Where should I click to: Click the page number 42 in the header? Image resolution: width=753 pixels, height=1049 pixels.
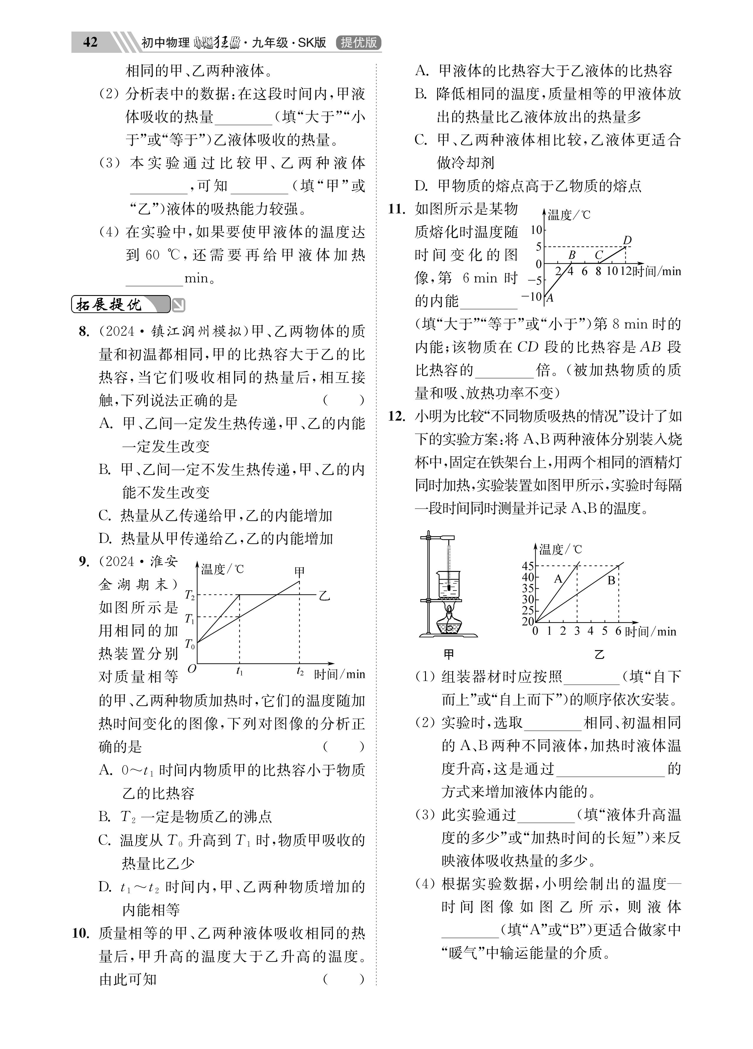coord(90,42)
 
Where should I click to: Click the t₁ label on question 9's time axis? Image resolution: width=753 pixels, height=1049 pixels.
coord(240,672)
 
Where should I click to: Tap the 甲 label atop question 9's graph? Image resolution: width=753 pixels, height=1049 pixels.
coord(299,572)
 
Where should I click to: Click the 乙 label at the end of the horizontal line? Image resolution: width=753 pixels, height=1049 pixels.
coord(324,595)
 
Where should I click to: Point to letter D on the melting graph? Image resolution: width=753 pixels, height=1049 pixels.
coord(627,240)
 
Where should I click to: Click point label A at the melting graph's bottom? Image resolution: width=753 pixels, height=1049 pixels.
coord(550,298)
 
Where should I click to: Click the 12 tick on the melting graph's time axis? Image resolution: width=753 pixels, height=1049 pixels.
coord(626,271)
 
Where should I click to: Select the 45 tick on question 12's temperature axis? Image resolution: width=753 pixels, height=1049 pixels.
coord(527,566)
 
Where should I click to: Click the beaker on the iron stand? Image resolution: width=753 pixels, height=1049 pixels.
coord(448,584)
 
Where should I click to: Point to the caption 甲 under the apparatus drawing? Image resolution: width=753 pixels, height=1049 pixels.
coord(448,654)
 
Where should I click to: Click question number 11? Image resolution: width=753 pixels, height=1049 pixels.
coord(397,209)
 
